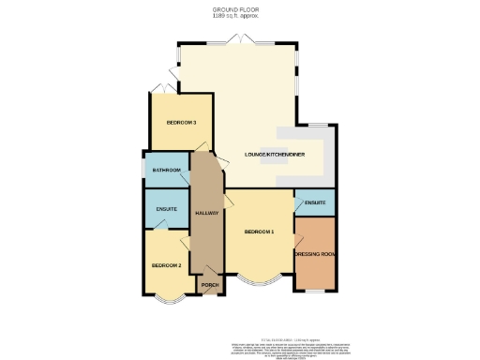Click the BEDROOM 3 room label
click(181, 123)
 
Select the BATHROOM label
click(166, 171)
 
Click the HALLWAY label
click(206, 213)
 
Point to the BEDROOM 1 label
click(259, 232)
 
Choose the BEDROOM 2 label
click(166, 265)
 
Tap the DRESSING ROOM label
click(314, 254)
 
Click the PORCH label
click(209, 285)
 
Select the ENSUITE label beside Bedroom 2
click(166, 208)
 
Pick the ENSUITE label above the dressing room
click(315, 202)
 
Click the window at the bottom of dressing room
click(314, 291)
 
